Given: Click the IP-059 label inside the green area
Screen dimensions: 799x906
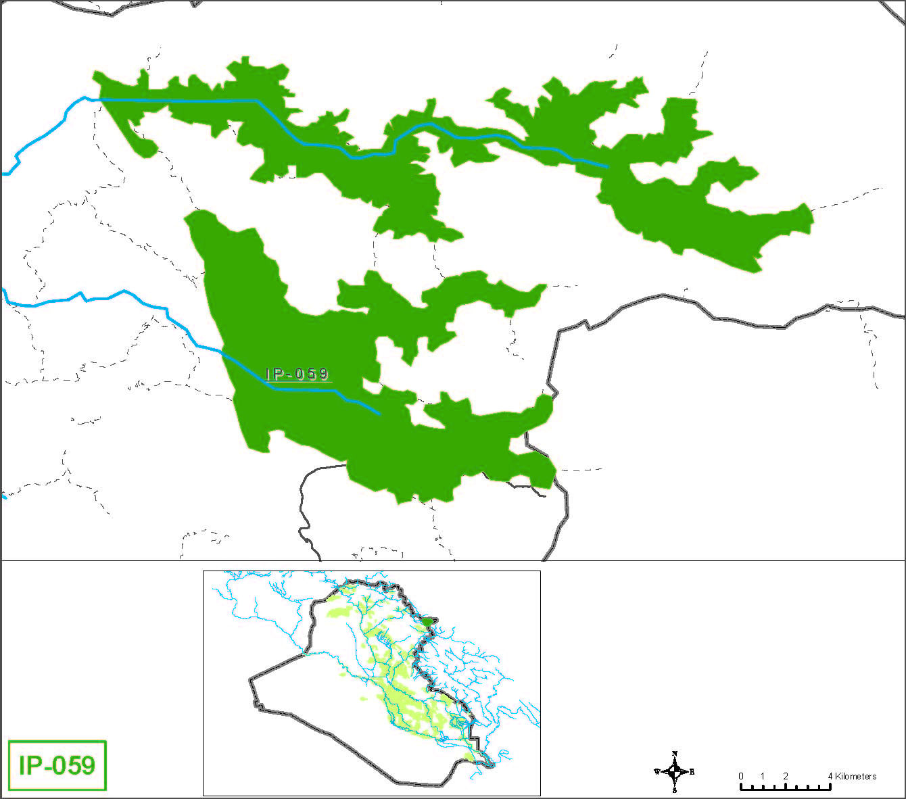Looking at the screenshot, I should click(x=297, y=374).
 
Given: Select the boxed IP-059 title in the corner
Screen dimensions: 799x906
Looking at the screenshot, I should click(x=57, y=765).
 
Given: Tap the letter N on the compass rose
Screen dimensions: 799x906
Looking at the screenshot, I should click(x=675, y=754).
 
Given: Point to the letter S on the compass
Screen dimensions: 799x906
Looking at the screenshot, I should click(x=675, y=789).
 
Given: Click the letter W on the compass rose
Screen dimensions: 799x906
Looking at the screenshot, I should click(x=657, y=771).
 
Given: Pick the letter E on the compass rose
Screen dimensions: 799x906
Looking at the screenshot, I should click(x=692, y=771).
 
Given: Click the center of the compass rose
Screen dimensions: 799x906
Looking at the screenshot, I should click(x=675, y=771).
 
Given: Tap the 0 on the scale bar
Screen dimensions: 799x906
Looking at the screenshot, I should click(x=741, y=776).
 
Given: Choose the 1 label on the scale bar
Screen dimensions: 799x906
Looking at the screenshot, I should click(x=763, y=776).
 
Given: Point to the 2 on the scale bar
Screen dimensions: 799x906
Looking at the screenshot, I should click(x=786, y=776).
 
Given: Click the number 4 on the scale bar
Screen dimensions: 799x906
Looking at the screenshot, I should click(x=830, y=776).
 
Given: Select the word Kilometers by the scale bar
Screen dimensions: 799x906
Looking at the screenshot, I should click(x=856, y=776).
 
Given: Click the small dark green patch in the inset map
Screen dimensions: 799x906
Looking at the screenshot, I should click(x=429, y=621).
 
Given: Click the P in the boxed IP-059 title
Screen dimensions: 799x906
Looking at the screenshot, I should click(x=35, y=765).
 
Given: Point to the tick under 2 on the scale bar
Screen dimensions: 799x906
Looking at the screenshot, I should click(x=786, y=787).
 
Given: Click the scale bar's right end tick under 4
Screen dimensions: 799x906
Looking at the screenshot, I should click(x=830, y=787).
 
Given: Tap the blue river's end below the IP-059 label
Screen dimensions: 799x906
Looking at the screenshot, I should click(x=379, y=414).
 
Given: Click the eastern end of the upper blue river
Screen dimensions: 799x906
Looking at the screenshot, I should click(x=606, y=166).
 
